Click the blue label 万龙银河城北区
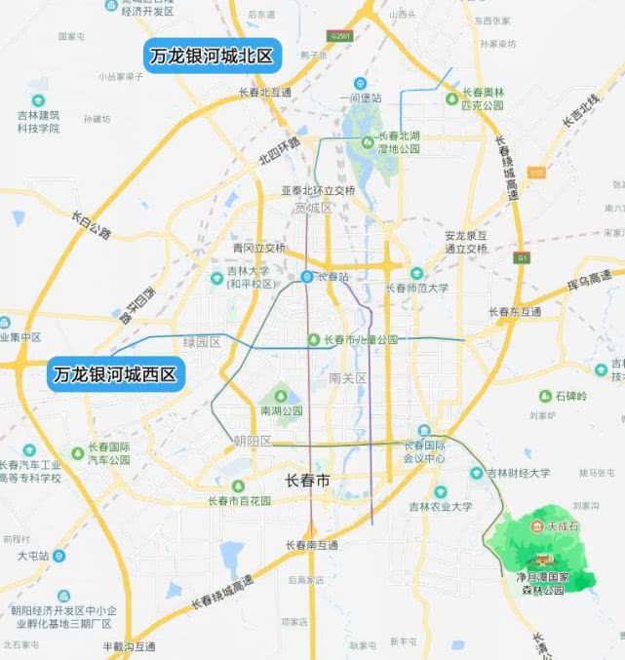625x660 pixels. click(x=214, y=56)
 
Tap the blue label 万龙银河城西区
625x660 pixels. click(x=116, y=374)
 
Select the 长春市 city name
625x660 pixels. click(x=308, y=481)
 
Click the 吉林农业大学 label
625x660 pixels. click(x=440, y=507)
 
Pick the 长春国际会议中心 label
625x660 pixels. click(x=425, y=451)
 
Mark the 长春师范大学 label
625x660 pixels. click(x=417, y=288)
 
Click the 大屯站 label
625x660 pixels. click(x=34, y=556)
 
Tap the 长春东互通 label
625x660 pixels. click(x=516, y=312)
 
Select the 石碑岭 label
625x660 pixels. click(x=572, y=396)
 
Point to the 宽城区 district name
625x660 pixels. click(x=314, y=208)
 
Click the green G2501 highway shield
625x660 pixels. click(x=339, y=36)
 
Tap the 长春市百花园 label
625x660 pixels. click(x=239, y=501)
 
